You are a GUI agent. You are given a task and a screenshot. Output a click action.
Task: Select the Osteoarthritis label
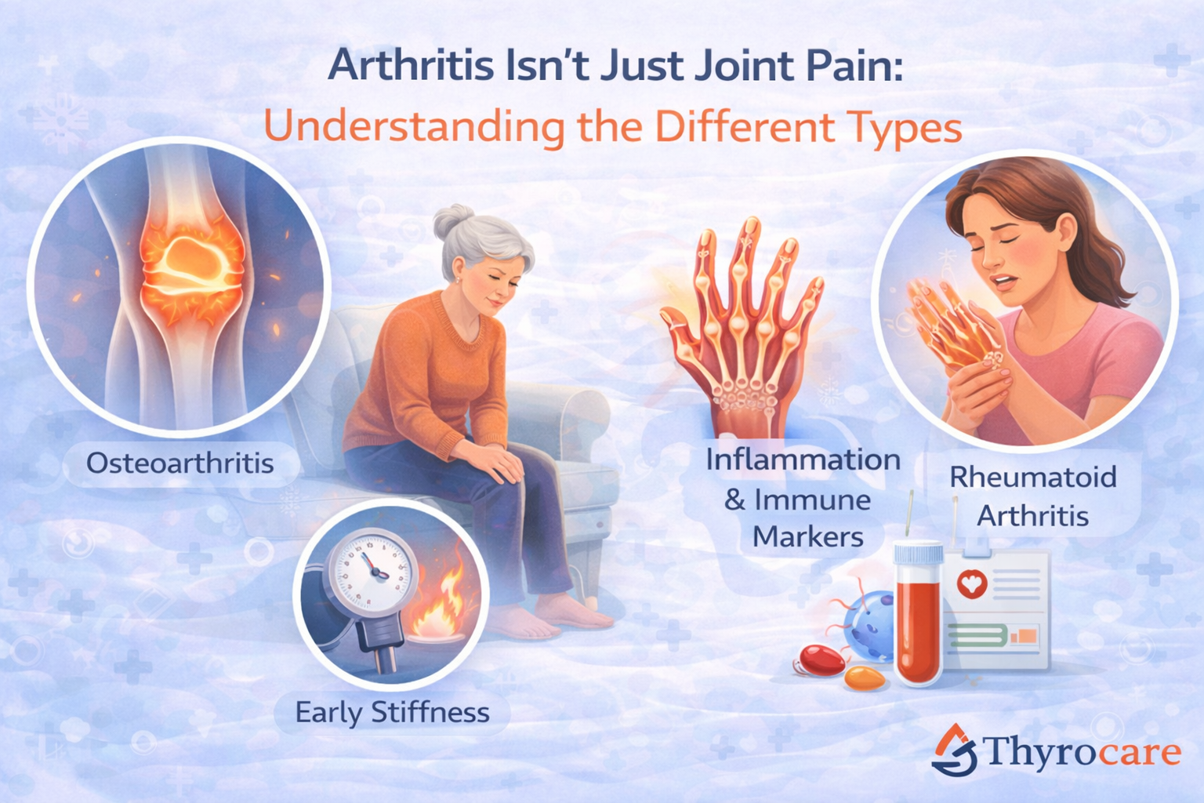180,463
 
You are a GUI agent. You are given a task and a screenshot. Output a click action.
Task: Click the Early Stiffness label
392,712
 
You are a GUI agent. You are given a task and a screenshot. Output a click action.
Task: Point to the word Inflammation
803,460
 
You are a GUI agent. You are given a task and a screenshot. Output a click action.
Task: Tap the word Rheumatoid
1032,477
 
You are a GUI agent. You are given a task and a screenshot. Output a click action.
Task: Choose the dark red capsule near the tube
821,659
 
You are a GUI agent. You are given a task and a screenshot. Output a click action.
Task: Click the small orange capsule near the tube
864,678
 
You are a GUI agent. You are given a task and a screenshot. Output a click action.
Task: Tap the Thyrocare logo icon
954,750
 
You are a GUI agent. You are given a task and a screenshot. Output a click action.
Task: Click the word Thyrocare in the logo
1082,752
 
